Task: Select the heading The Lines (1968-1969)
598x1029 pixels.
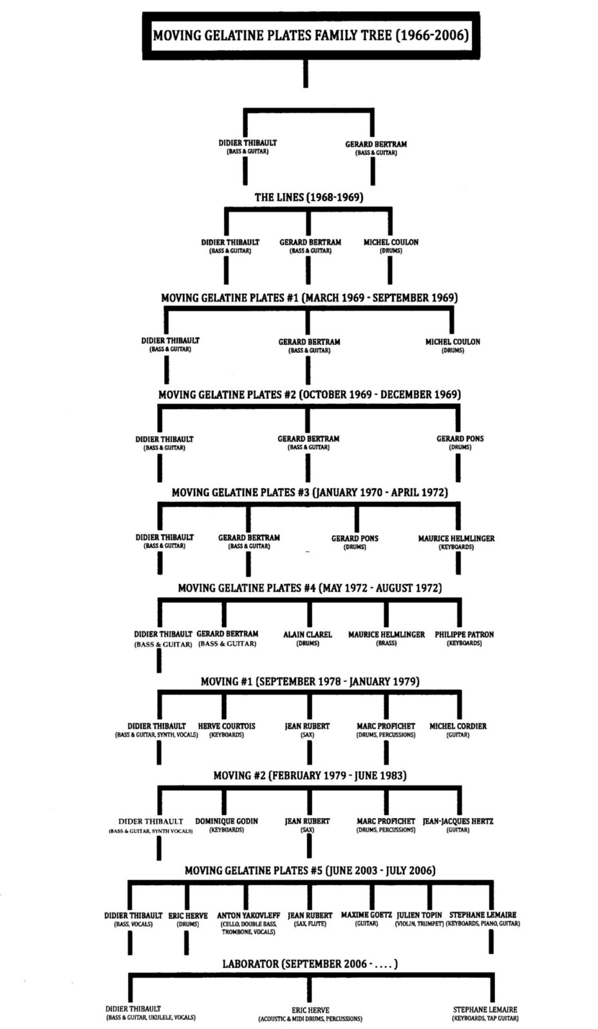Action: coord(309,197)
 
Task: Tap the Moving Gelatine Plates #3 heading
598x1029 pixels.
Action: coord(310,493)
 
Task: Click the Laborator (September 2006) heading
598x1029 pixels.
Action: coord(310,964)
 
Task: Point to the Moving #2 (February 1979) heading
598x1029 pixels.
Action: coord(310,776)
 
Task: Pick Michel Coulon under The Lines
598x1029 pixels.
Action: coord(391,242)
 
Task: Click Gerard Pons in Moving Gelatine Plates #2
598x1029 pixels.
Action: coord(460,439)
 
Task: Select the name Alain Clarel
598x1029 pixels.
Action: coord(308,634)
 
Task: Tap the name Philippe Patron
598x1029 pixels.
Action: coord(464,634)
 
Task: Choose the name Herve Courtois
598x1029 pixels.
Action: coord(227,726)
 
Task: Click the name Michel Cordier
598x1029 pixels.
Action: coord(458,726)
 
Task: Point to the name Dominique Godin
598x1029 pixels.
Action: coord(227,821)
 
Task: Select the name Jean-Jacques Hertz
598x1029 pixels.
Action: coord(458,821)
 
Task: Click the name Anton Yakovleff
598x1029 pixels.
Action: coord(248,916)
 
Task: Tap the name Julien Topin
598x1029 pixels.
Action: coord(419,915)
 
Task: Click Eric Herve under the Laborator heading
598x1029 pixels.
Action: coord(310,1010)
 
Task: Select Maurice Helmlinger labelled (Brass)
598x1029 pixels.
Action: coord(386,634)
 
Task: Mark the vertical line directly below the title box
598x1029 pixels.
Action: coord(306,73)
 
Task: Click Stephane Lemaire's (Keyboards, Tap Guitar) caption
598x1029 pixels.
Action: coord(485,1019)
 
